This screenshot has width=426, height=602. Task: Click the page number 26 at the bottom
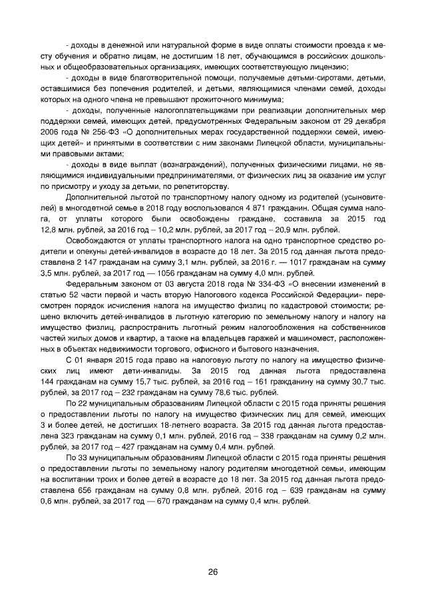pyautogui.click(x=213, y=571)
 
